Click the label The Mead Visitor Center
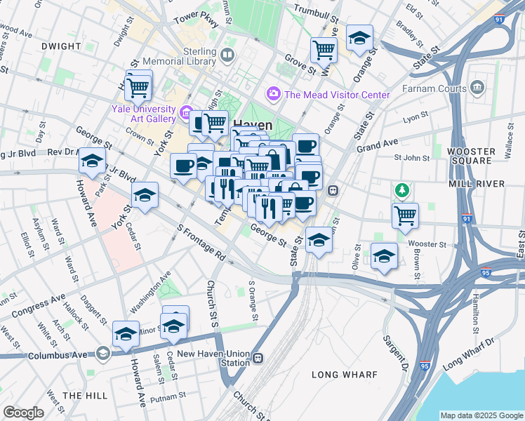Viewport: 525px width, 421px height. (x=337, y=95)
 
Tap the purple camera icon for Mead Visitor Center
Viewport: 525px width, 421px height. (x=273, y=93)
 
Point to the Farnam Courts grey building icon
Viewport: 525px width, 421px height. (x=478, y=88)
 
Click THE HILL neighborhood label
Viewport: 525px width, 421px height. (x=84, y=396)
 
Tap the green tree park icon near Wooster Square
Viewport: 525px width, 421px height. (x=401, y=189)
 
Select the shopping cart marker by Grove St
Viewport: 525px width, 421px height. (x=324, y=50)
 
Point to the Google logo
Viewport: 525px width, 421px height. (x=23, y=413)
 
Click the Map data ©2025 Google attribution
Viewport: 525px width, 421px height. (x=481, y=415)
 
